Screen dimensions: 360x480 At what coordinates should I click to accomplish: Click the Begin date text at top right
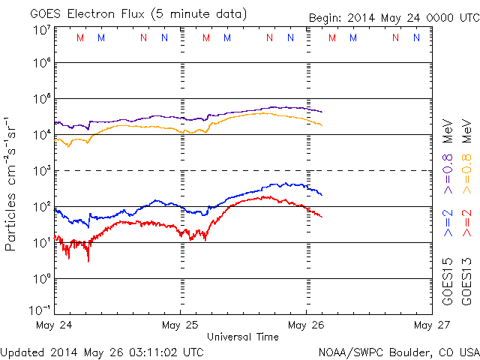[x=393, y=18]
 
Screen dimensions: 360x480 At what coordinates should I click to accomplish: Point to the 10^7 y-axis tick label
[x=41, y=29]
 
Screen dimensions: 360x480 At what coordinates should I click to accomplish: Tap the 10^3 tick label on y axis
[x=41, y=171]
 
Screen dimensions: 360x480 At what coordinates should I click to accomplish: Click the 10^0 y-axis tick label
[x=41, y=279]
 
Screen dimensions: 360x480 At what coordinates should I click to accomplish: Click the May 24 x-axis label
[x=54, y=325]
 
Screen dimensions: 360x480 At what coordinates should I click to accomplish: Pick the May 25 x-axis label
[x=180, y=325]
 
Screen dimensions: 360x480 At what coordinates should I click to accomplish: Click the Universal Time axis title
[x=243, y=337]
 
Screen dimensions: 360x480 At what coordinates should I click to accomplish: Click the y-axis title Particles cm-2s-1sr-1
[x=12, y=183]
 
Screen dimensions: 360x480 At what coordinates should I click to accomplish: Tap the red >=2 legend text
[x=466, y=223]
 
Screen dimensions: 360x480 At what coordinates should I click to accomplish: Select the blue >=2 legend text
[x=448, y=223]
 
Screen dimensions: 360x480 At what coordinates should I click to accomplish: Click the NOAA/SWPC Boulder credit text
[x=398, y=351]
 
